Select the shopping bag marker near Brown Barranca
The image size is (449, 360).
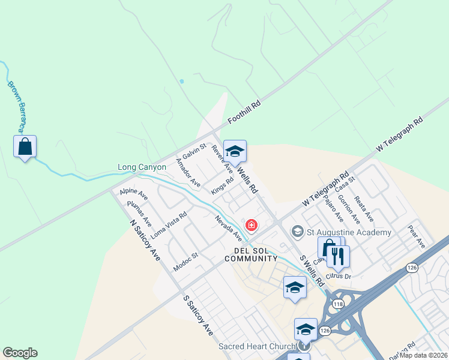point(25,147)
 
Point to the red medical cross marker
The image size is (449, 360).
point(252,226)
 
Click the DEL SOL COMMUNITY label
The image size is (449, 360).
point(251,254)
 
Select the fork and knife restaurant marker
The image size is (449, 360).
point(339,257)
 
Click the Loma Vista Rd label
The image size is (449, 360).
point(169,223)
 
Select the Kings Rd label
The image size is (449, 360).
point(222,186)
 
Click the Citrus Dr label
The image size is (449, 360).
point(338,276)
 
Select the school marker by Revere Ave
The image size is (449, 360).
point(235,151)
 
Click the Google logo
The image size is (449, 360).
point(20,353)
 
